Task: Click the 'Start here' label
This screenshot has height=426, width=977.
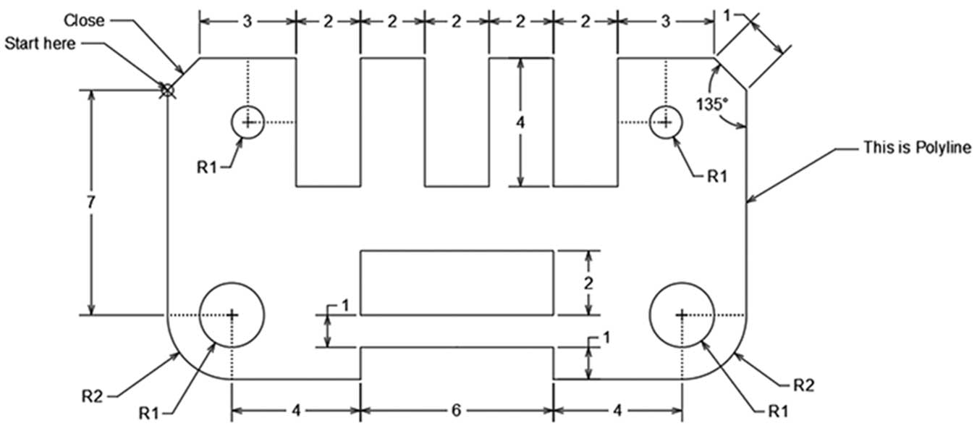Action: [40, 43]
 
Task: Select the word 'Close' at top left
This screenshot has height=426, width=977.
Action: [84, 20]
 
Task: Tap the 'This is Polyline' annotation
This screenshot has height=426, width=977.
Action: [917, 148]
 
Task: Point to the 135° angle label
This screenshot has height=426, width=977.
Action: [712, 104]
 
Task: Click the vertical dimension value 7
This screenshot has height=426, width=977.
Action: [90, 202]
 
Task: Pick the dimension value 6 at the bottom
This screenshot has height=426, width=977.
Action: [456, 410]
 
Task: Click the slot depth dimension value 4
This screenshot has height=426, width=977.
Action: [520, 122]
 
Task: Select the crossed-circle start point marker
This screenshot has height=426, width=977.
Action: [167, 91]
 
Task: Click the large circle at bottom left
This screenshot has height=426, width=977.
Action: [232, 283]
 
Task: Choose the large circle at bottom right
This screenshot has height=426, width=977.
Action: [682, 283]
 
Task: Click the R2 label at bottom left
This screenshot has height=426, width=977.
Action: [92, 396]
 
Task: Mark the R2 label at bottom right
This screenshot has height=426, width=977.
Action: [803, 385]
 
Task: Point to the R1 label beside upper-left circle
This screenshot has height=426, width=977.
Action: [207, 167]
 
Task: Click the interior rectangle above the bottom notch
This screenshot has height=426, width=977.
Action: [457, 251]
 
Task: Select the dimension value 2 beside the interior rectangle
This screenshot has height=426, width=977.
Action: [588, 284]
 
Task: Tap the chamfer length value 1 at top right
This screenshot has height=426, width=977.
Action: [727, 16]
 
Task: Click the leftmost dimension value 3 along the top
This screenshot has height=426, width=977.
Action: [248, 22]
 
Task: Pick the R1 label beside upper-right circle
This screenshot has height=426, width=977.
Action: [717, 176]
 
